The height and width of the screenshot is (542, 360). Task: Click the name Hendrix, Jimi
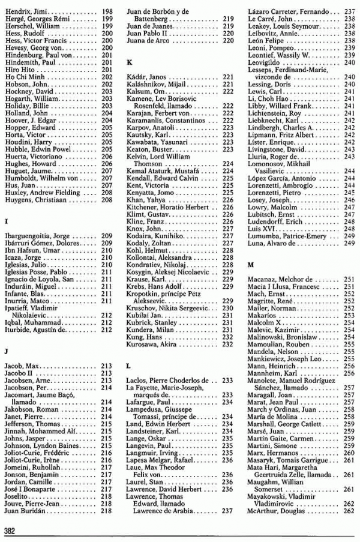coord(25,11)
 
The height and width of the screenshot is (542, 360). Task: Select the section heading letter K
coord(128,62)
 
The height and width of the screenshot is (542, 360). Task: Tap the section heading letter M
coord(251,265)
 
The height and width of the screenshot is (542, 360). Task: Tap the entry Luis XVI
coord(259,229)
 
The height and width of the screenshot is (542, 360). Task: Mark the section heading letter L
coord(128,365)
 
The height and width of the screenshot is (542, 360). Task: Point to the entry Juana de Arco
coord(148,41)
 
